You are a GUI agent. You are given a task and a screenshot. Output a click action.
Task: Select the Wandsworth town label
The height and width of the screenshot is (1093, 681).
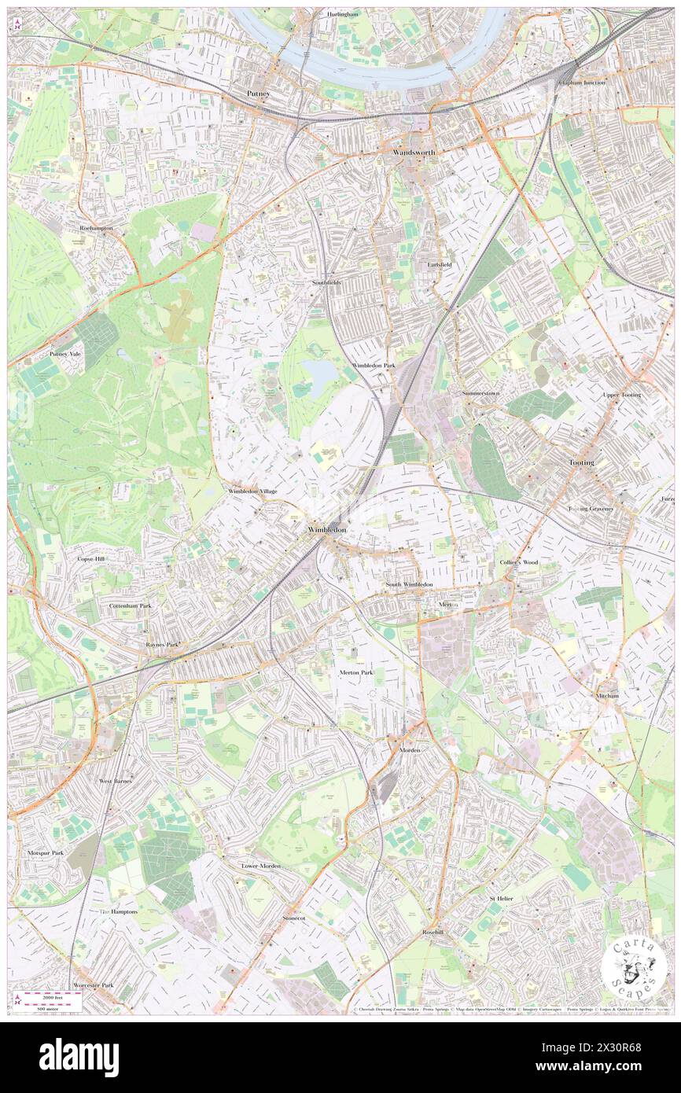coord(414,152)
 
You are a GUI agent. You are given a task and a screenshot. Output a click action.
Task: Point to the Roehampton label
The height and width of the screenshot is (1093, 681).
coord(96,227)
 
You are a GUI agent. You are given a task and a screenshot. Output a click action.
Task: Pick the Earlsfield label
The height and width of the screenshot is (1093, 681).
coord(440,264)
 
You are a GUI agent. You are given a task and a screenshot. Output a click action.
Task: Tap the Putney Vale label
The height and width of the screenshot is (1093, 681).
coord(65,355)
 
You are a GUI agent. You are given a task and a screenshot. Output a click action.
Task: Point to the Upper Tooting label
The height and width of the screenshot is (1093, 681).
coord(621,395)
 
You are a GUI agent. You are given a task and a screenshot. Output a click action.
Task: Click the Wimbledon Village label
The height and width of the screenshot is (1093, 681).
coord(252,491)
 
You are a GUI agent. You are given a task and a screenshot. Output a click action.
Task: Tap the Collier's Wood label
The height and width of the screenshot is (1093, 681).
coord(518,563)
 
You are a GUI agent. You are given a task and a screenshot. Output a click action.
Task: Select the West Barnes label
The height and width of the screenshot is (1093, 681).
coord(116,781)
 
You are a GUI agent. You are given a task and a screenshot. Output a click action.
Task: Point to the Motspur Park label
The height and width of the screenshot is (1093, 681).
coord(46,852)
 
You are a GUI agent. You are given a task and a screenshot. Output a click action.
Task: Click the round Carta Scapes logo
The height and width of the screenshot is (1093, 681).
coord(635,968)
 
